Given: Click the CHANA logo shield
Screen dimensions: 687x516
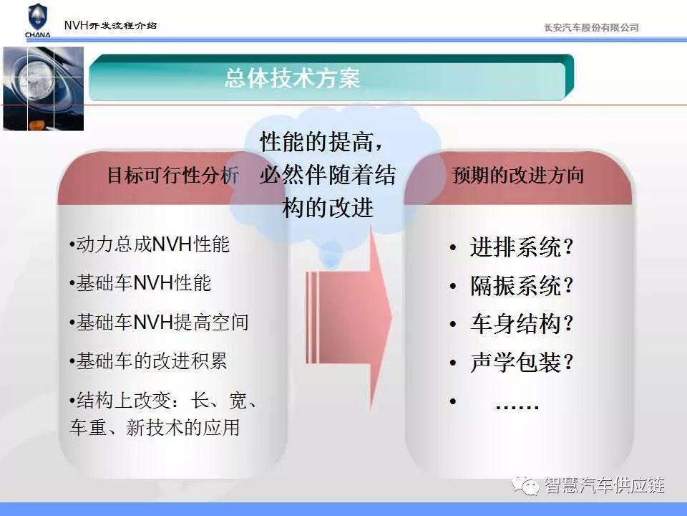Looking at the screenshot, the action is tap(37, 16).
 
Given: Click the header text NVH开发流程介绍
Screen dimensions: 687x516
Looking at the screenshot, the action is tap(110, 26).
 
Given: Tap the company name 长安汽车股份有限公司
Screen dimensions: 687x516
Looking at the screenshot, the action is tap(591, 28).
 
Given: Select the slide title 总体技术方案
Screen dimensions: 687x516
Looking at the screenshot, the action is tap(292, 79).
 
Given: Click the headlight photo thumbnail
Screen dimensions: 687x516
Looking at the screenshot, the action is tap(44, 89).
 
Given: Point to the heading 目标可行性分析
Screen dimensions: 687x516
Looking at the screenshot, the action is tap(173, 175).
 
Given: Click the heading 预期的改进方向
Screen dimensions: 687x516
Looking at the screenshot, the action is tap(518, 175).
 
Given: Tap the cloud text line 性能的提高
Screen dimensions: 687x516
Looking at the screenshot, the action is tap(321, 141).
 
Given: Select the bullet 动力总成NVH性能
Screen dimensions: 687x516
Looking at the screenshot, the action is tap(150, 244).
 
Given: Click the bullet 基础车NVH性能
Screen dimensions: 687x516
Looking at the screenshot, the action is tap(140, 283).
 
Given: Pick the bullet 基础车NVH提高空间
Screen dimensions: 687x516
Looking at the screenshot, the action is tap(159, 322).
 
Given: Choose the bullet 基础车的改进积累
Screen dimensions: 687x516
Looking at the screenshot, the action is tap(148, 361).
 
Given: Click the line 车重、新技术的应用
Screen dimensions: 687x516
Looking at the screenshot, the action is tap(155, 427).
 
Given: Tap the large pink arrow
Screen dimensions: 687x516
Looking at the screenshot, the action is tap(349, 317).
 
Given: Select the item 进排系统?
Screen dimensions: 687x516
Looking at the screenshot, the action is tap(522, 247).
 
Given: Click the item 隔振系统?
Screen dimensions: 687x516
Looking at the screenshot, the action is tap(522, 286).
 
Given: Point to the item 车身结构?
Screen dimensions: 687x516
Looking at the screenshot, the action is tap(522, 324).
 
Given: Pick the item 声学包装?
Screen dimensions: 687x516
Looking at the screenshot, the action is tap(522, 363).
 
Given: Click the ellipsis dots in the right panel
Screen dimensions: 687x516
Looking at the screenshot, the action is tap(517, 407).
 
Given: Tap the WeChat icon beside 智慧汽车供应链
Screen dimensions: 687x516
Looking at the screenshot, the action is tap(525, 486).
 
